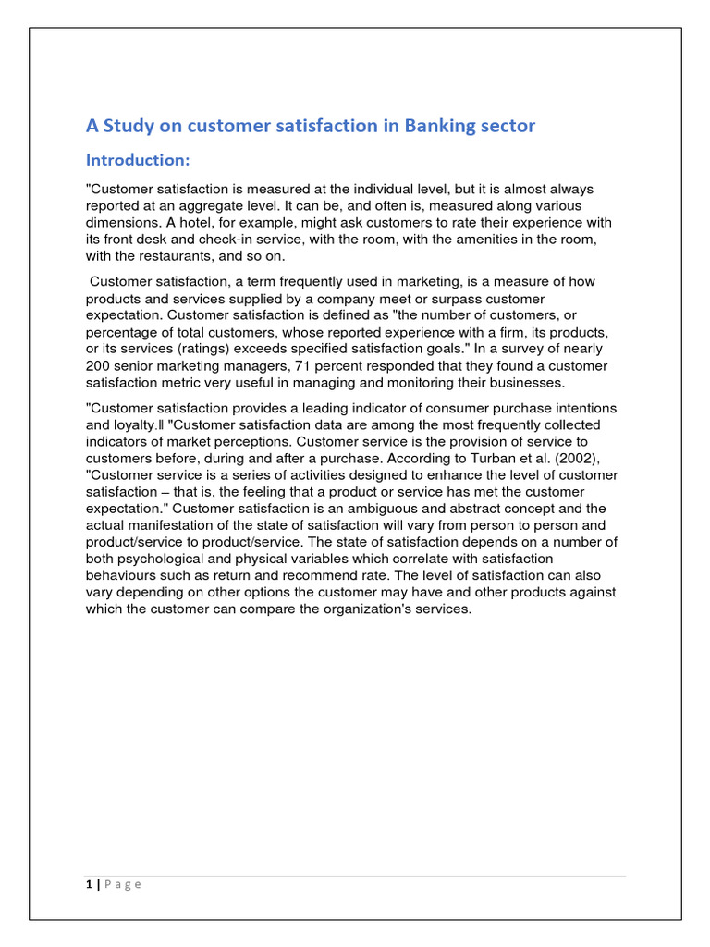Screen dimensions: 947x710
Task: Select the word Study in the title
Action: pyautogui.click(x=130, y=126)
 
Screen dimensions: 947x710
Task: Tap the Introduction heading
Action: pyautogui.click(x=138, y=160)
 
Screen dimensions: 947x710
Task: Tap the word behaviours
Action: pyautogui.click(x=122, y=575)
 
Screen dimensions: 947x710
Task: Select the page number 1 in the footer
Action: pyautogui.click(x=89, y=884)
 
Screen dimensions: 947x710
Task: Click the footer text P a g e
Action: pyautogui.click(x=122, y=884)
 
